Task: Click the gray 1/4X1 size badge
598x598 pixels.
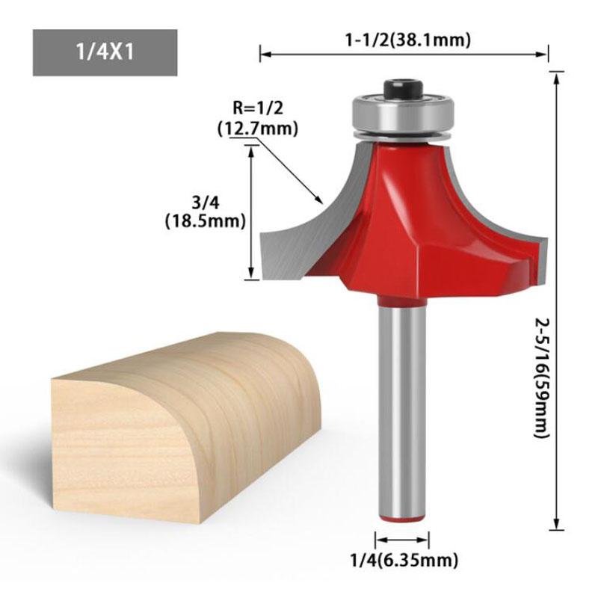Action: click(x=105, y=53)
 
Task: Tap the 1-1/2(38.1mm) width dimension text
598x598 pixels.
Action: click(x=407, y=40)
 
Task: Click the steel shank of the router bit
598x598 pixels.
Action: click(x=403, y=404)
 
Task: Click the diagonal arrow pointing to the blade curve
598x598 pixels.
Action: click(x=288, y=173)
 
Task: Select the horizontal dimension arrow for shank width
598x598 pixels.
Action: click(x=403, y=537)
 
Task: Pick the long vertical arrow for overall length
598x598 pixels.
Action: click(x=555, y=299)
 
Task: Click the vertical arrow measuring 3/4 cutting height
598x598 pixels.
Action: click(x=250, y=213)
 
